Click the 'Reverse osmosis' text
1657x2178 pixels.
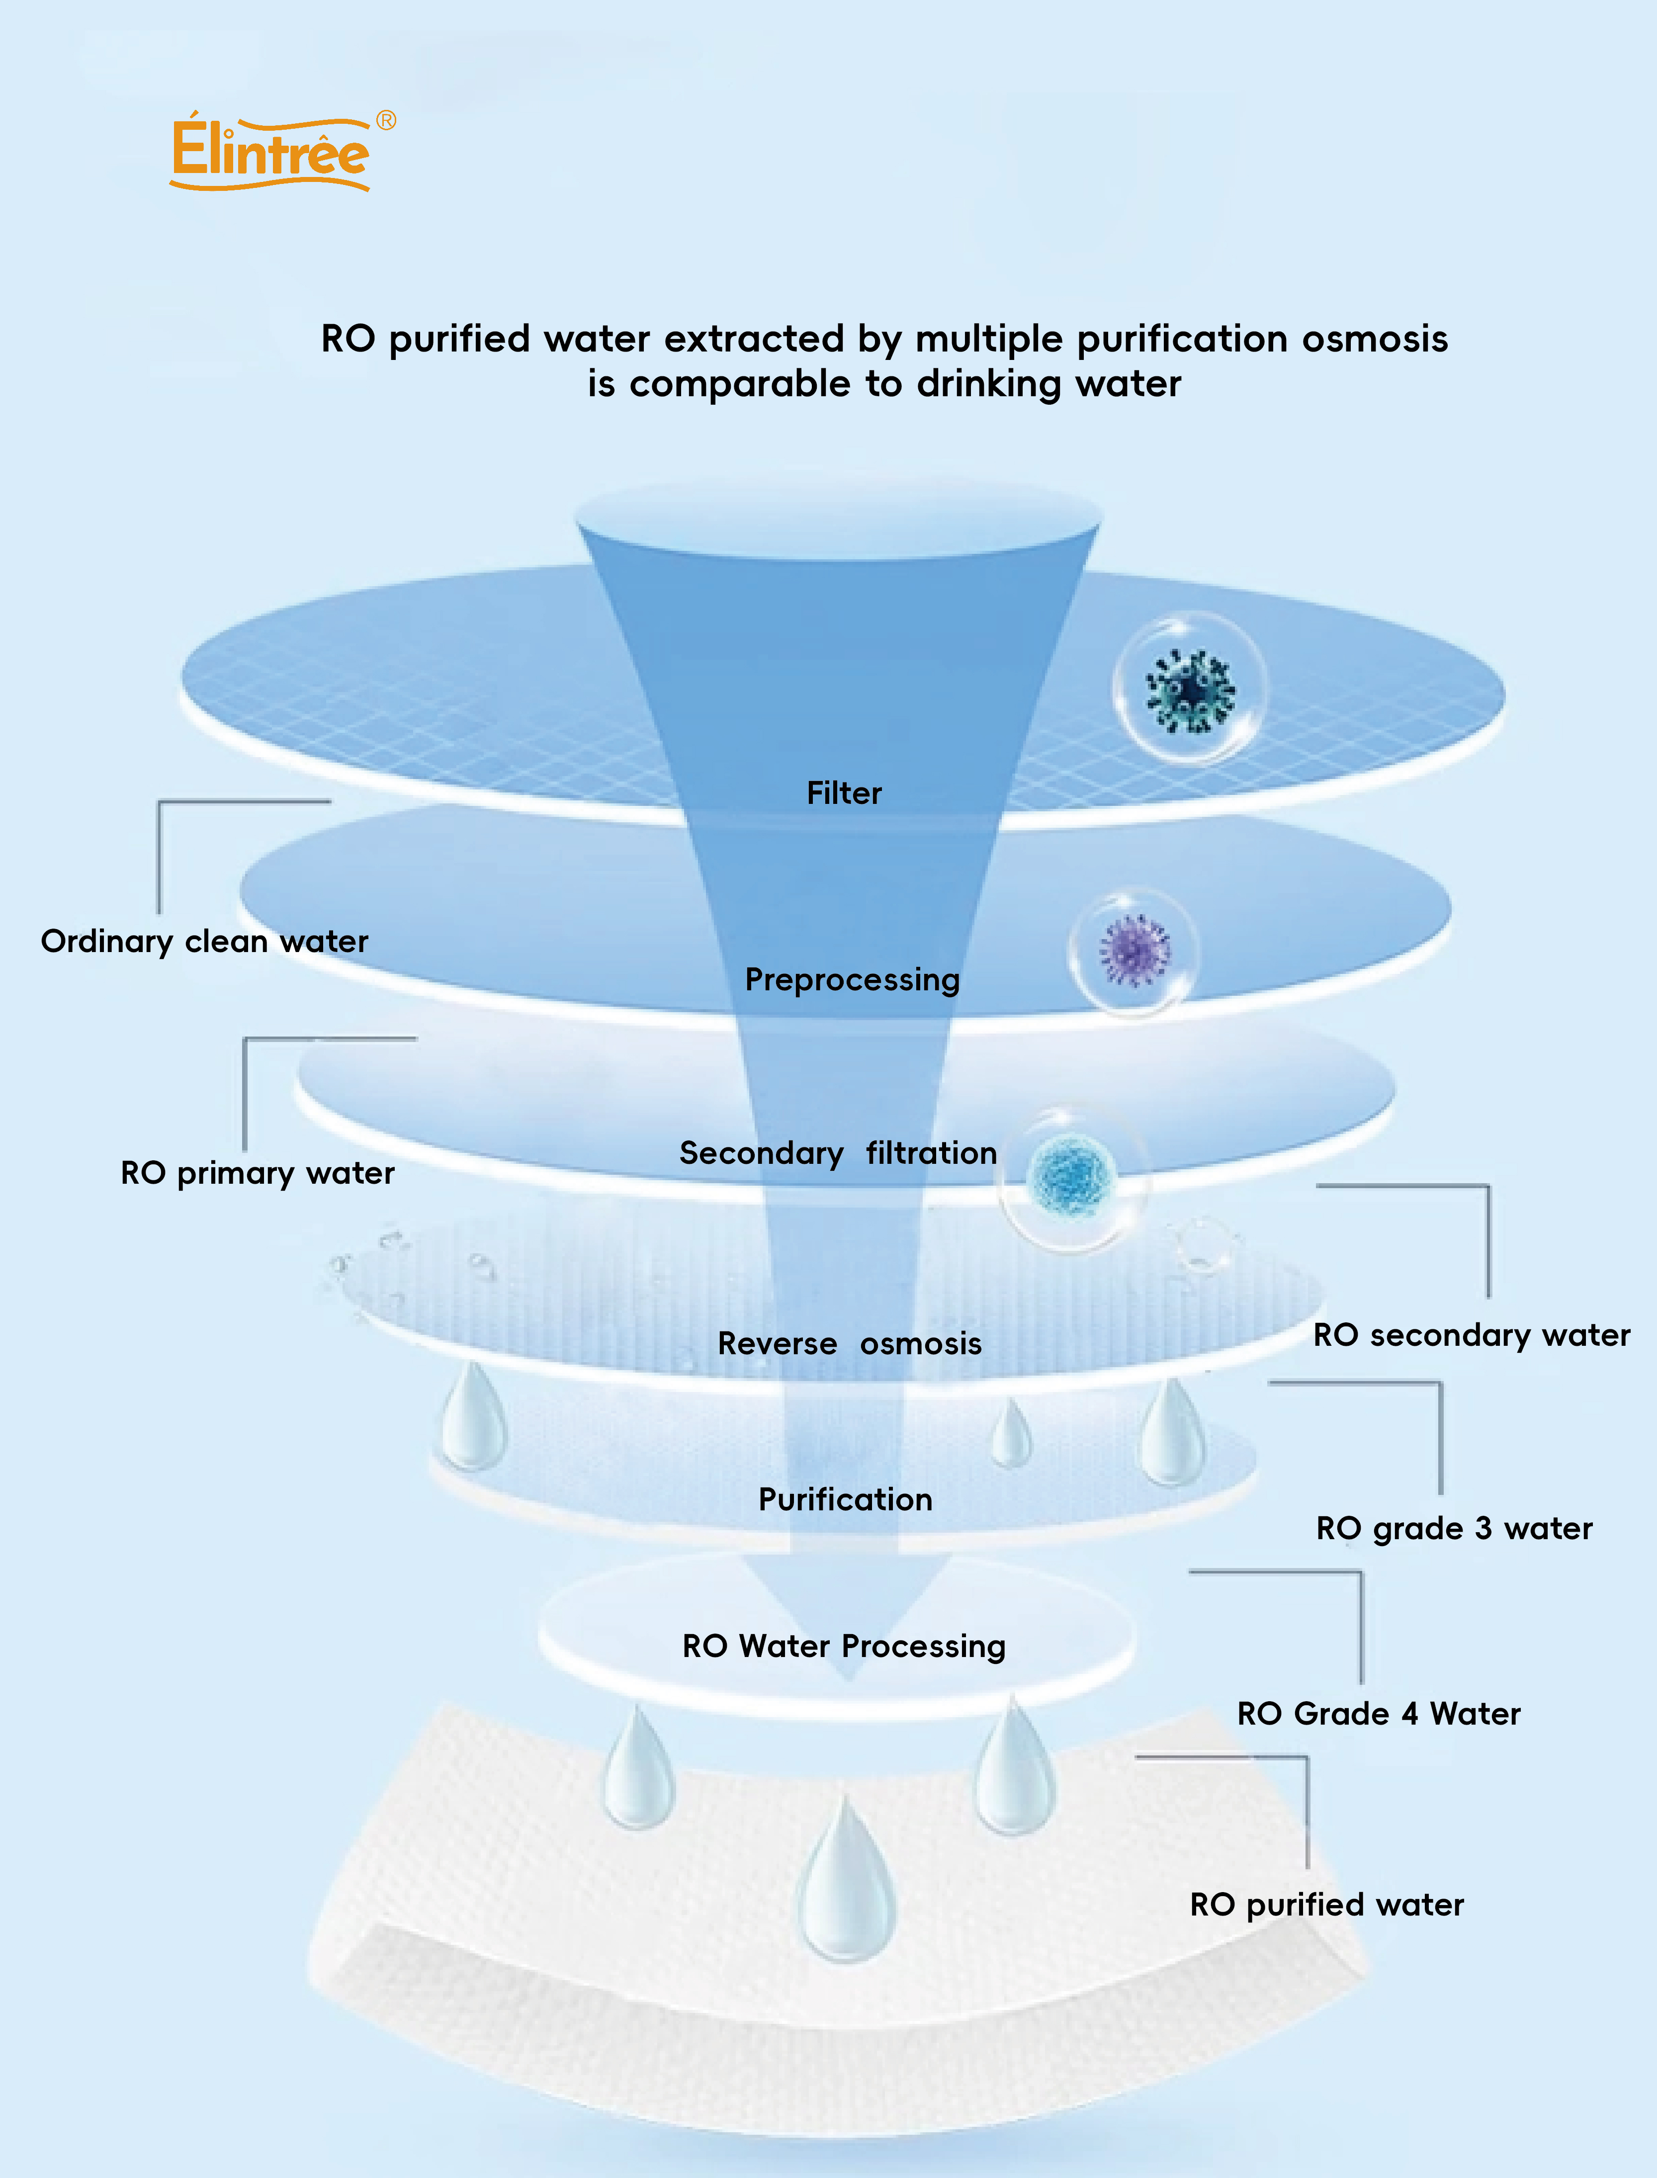pyautogui.click(x=849, y=1343)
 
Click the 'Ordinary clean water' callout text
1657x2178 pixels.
pyautogui.click(x=204, y=941)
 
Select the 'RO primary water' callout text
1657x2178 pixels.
pyautogui.click(x=258, y=1173)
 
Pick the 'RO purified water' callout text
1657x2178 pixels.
pyautogui.click(x=1326, y=1905)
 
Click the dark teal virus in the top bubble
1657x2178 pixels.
pyautogui.click(x=1190, y=691)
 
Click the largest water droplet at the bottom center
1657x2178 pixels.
pyautogui.click(x=846, y=1884)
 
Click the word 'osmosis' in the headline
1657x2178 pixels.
pyautogui.click(x=1375, y=340)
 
